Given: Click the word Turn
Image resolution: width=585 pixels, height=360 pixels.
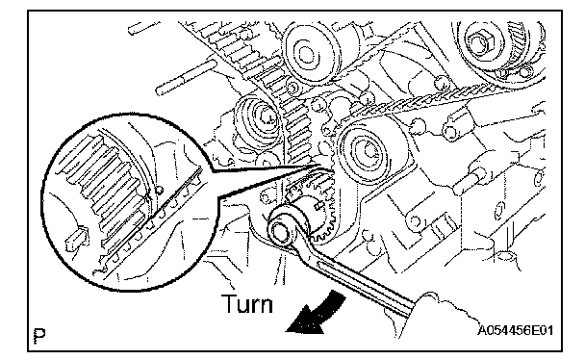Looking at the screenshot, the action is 247,304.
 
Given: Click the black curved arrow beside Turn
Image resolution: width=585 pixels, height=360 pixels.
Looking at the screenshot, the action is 318,314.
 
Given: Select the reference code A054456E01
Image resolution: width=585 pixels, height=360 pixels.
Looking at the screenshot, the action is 516,330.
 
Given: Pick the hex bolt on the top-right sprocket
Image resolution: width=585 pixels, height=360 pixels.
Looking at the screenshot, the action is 480,42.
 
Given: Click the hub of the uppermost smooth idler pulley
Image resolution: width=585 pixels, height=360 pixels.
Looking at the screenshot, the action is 307,53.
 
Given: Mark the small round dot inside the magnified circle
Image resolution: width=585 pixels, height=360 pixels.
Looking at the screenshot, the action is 159,191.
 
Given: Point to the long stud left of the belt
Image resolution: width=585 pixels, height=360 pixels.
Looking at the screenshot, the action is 186,79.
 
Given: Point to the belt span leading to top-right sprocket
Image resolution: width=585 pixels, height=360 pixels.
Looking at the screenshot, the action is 418,100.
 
